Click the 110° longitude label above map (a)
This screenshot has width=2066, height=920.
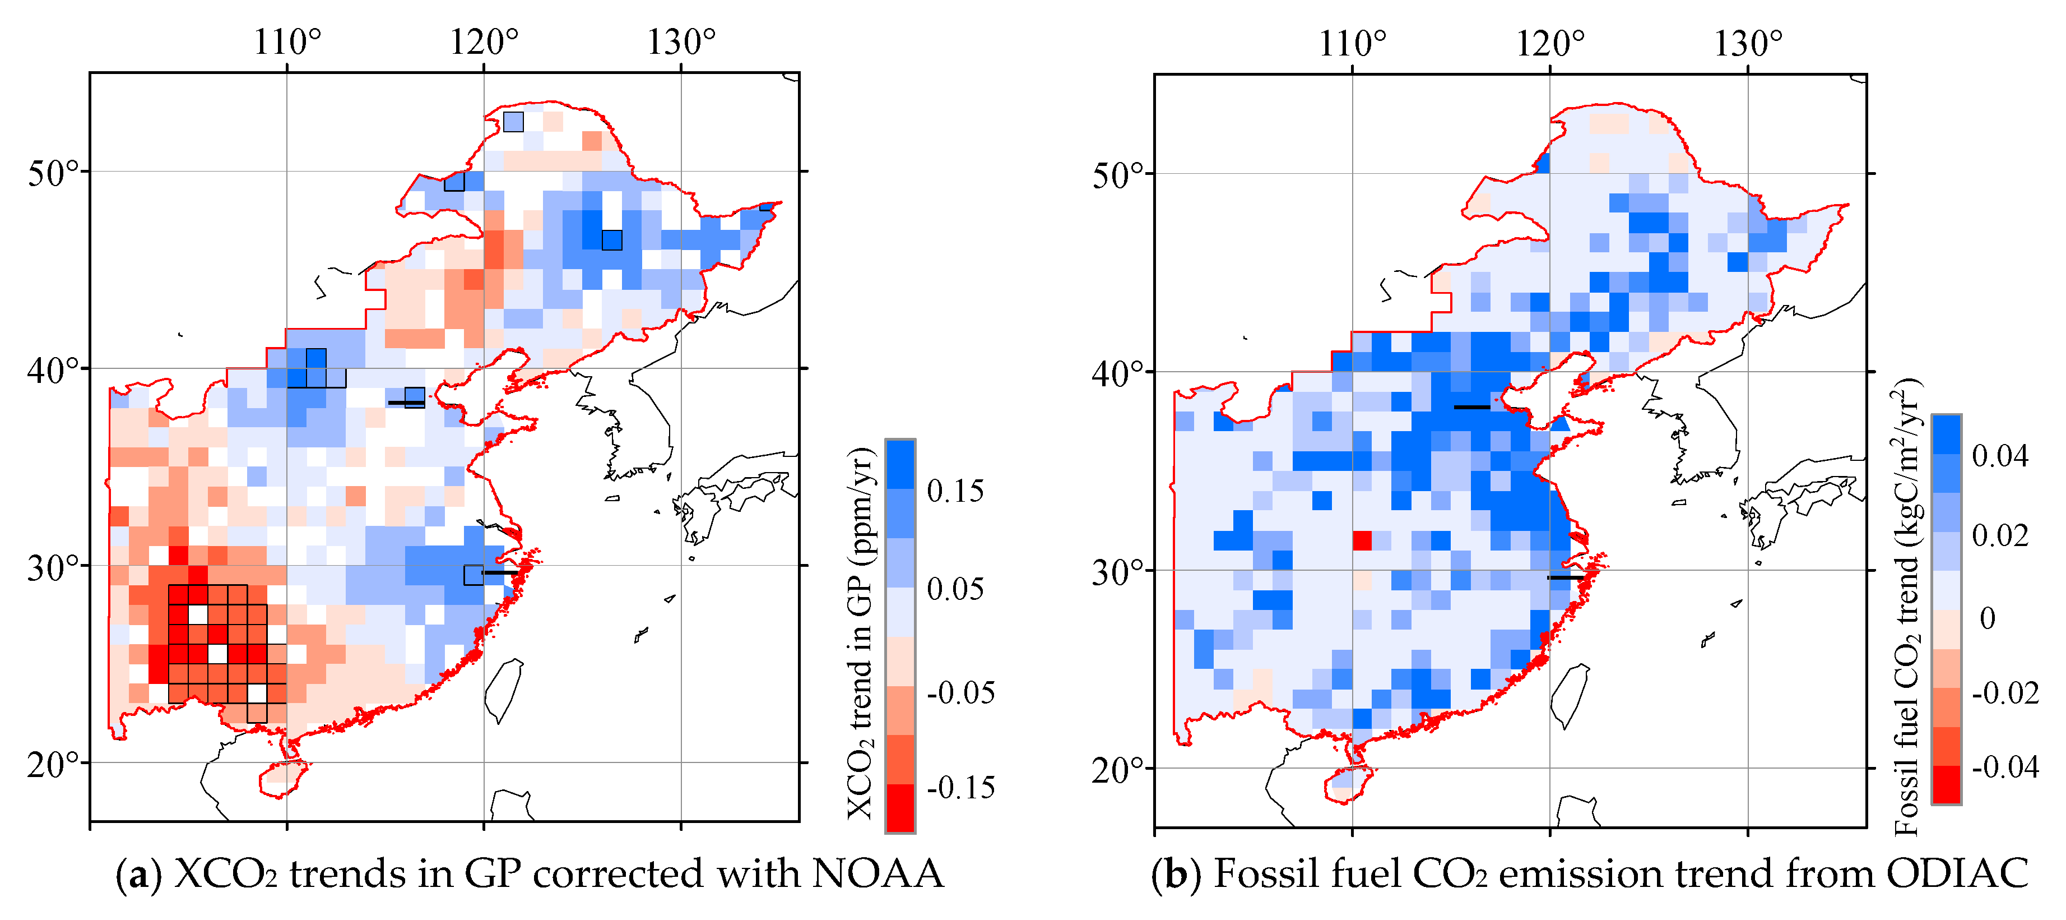point(287,41)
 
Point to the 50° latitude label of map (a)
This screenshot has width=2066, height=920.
point(54,173)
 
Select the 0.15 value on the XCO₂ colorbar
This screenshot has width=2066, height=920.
point(955,491)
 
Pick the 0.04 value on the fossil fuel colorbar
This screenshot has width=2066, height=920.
point(2000,456)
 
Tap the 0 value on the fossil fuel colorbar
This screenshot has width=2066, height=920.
point(1988,618)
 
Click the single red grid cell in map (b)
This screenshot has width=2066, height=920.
point(1362,540)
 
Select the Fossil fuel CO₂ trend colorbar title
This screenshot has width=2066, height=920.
point(1908,607)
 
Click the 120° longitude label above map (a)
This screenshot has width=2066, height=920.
point(484,41)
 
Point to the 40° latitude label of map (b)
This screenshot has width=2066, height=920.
point(1120,373)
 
